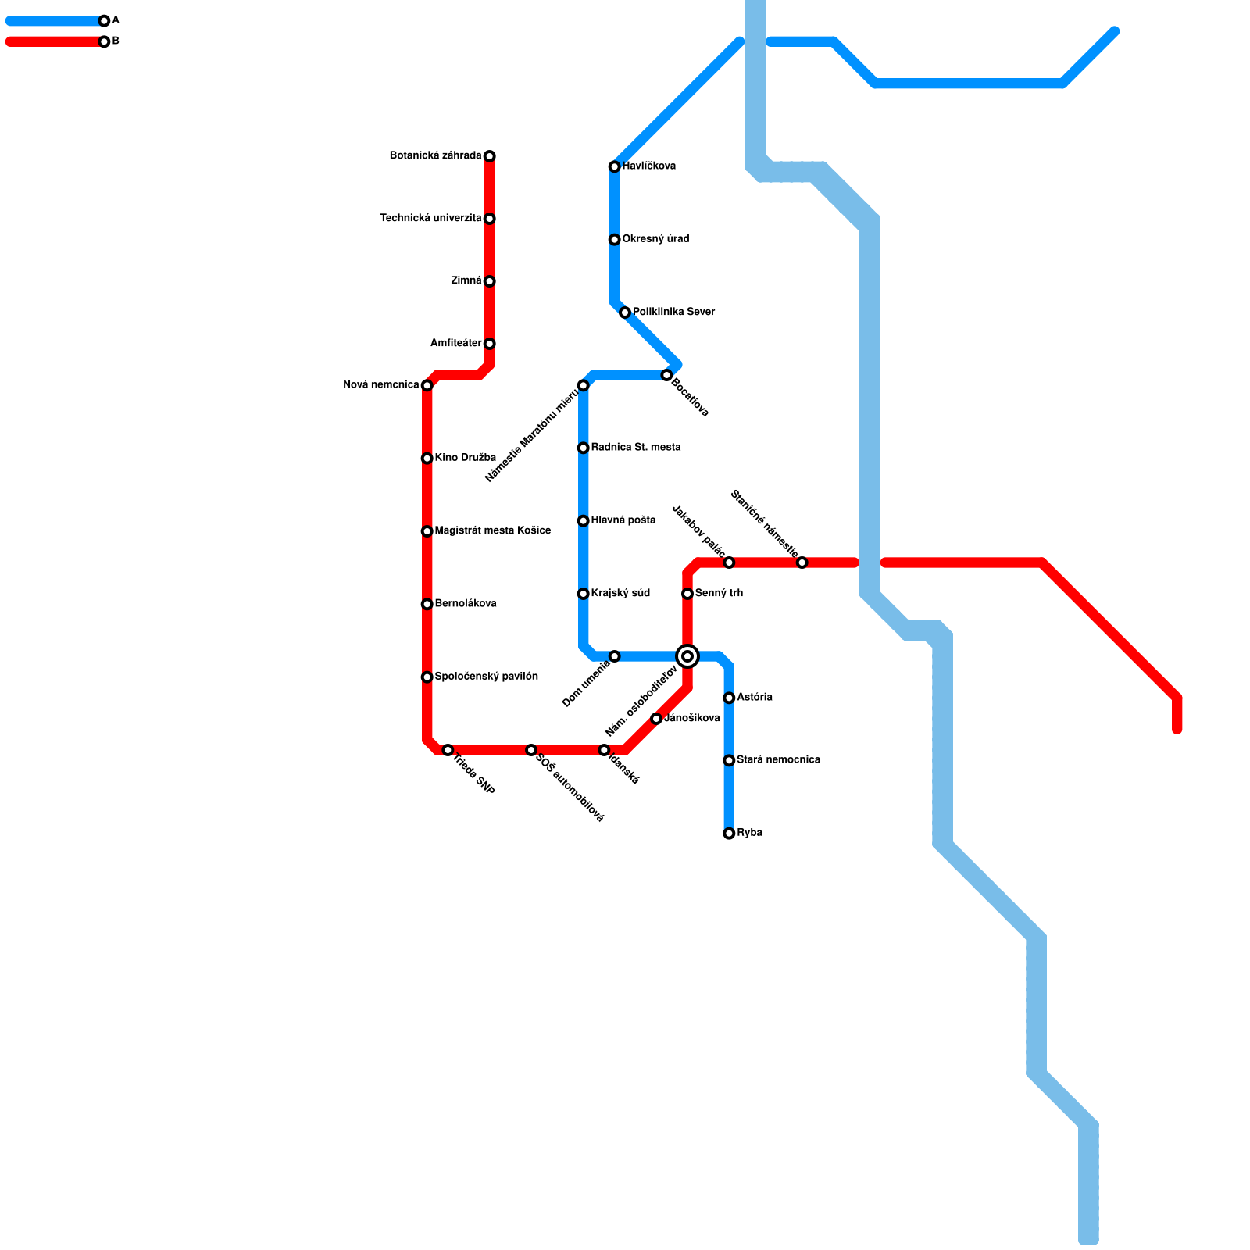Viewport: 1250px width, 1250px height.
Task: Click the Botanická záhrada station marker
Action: [x=490, y=156]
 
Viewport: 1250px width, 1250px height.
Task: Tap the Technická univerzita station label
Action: [x=430, y=219]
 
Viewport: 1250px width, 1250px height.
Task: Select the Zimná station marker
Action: [x=490, y=281]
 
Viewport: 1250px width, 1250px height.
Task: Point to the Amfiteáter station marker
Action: [x=490, y=344]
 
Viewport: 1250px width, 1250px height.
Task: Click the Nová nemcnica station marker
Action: [x=427, y=385]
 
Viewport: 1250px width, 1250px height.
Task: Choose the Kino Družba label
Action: [x=465, y=458]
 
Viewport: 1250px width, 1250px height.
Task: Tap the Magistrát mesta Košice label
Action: [x=492, y=531]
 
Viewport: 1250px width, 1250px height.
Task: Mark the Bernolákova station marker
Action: [x=427, y=604]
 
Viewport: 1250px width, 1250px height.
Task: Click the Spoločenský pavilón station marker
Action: [x=427, y=677]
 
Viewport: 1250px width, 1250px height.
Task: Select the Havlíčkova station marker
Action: [x=615, y=166]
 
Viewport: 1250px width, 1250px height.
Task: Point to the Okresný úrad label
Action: [x=655, y=239]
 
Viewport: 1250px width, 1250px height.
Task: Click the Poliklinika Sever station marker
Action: [x=625, y=312]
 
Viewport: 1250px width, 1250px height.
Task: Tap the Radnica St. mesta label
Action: [x=635, y=448]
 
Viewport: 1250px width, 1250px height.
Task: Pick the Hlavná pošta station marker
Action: [x=584, y=520]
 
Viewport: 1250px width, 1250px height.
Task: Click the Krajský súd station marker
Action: [x=584, y=594]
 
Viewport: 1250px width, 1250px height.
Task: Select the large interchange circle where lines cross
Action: [x=687, y=656]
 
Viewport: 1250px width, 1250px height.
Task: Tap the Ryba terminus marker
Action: [x=729, y=834]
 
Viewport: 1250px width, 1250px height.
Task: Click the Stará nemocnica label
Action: [x=778, y=760]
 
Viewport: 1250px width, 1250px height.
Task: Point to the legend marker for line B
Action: [x=104, y=41]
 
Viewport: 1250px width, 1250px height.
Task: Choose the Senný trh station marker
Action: [x=687, y=594]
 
